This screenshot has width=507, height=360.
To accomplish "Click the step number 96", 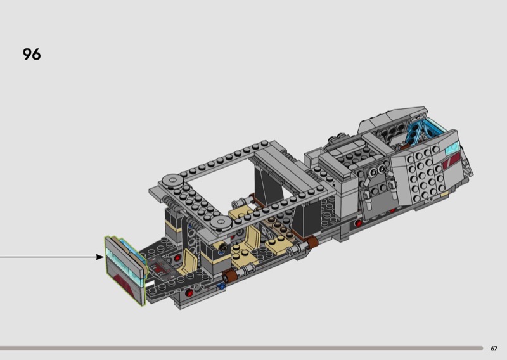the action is (x=32, y=54).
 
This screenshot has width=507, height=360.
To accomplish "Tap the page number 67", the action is (x=494, y=349).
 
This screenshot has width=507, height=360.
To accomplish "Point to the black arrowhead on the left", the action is (x=100, y=257).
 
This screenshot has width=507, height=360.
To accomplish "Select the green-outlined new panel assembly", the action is (x=125, y=271).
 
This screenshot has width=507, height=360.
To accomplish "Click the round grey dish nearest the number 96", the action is (x=172, y=181).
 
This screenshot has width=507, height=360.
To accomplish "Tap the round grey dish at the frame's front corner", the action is (x=221, y=222).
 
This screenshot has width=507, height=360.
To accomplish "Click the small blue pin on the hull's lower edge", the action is (x=221, y=286).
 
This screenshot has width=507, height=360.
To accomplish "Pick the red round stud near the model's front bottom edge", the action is (x=189, y=293).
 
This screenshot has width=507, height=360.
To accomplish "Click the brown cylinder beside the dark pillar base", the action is (x=312, y=242).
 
